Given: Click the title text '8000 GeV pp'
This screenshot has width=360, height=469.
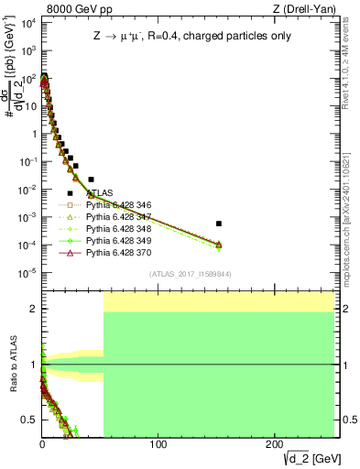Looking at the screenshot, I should click(x=70, y=8).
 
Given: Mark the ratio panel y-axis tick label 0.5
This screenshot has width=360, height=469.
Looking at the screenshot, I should click(x=27, y=420).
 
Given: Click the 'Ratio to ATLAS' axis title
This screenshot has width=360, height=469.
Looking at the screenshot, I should click(x=13, y=365).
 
